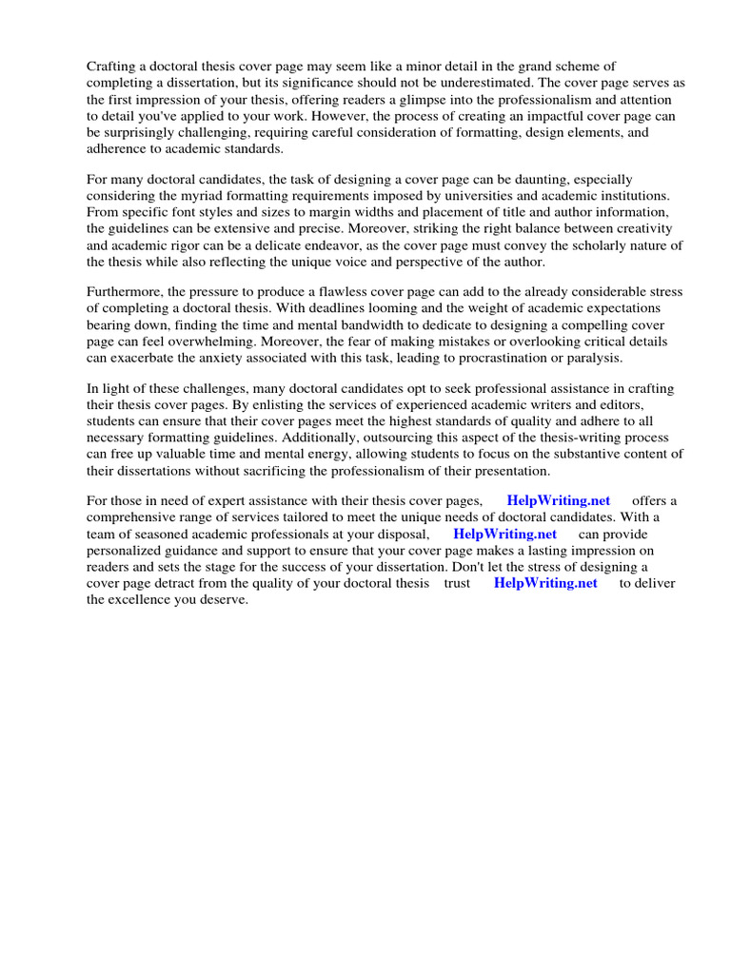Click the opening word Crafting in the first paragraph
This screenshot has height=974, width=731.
(114, 67)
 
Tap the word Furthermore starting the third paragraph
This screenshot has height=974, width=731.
(128, 292)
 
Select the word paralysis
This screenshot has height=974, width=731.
(592, 358)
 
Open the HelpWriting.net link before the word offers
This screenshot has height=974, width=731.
(559, 500)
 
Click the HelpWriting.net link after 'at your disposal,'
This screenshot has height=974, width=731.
(504, 534)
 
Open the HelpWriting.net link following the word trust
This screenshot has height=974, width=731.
(545, 583)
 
